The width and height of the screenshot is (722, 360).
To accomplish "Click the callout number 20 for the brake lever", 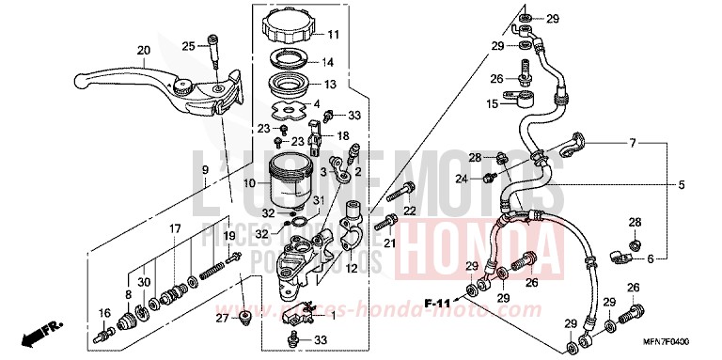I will [x=143, y=51].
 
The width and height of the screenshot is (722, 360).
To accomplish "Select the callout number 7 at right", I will [x=632, y=143].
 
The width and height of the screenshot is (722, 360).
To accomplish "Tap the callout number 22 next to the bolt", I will [x=410, y=209].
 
